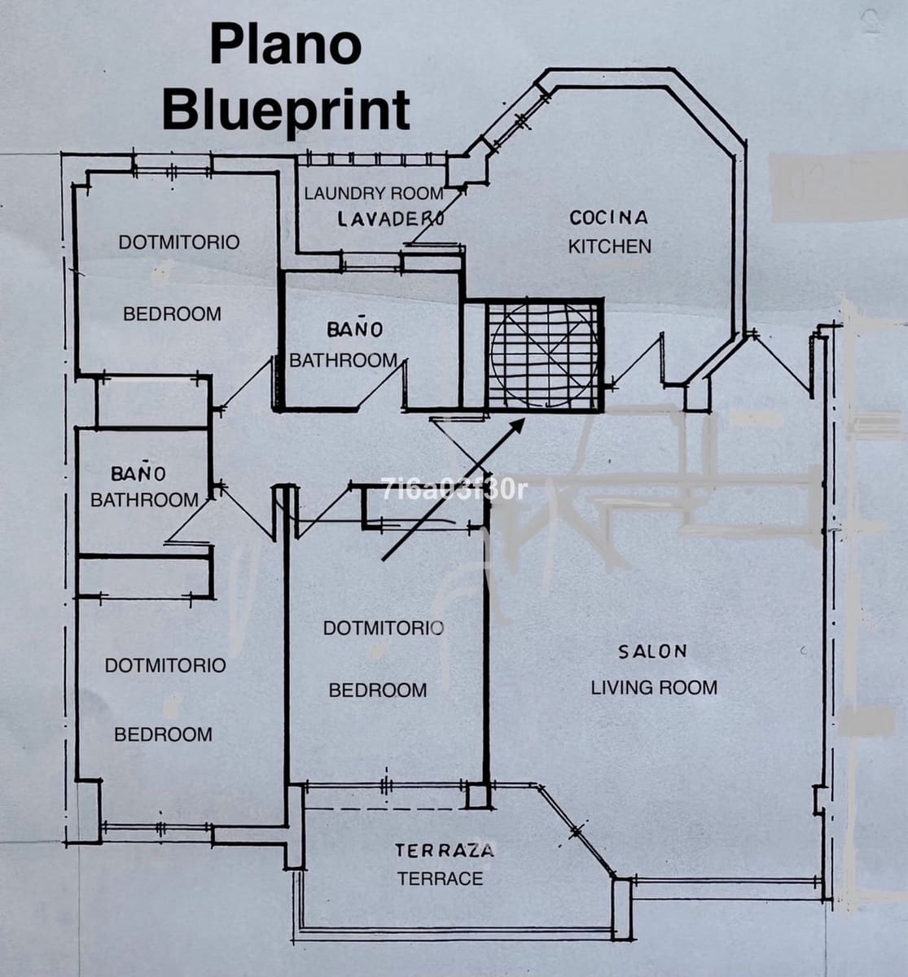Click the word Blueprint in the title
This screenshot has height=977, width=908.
(x=286, y=112)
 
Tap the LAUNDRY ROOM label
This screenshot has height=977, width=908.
(x=374, y=193)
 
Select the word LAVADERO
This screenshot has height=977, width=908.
(x=391, y=219)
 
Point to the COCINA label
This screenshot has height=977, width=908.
(x=608, y=217)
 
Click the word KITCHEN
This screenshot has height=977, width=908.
(x=610, y=247)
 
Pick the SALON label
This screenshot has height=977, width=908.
(x=652, y=652)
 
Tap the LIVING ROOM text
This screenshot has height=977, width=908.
(x=654, y=688)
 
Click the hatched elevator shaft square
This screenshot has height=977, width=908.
(x=544, y=354)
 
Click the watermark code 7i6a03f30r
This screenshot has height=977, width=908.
(x=454, y=490)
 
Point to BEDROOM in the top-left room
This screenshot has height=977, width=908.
(x=172, y=313)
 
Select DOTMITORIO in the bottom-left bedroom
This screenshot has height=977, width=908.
(x=165, y=666)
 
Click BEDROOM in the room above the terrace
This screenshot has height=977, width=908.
(x=378, y=690)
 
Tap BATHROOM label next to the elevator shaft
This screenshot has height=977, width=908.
(x=343, y=361)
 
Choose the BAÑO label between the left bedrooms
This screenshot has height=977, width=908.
(x=138, y=473)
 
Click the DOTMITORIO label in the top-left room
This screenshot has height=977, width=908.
(x=179, y=242)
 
